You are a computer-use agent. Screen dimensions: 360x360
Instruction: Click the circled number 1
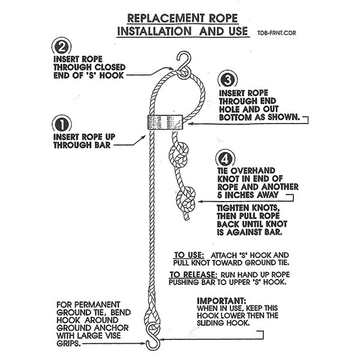click(62, 125)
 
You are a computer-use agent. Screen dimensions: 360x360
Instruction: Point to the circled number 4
click(223, 160)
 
